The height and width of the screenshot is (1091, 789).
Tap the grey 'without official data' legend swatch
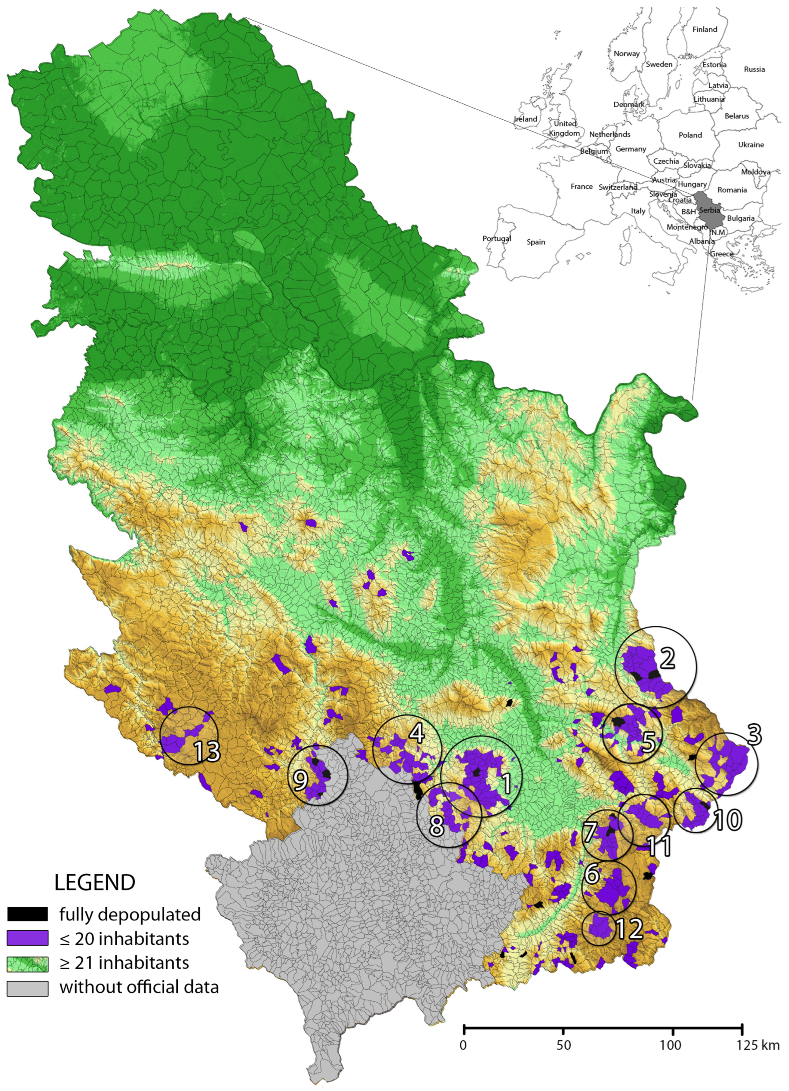(x=27, y=987)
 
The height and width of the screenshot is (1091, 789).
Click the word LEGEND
(x=95, y=882)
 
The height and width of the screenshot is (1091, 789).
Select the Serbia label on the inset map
(x=710, y=210)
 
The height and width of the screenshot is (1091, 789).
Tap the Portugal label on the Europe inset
(x=496, y=239)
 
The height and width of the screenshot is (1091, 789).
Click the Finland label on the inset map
(x=704, y=29)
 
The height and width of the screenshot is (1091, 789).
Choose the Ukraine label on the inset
(x=751, y=145)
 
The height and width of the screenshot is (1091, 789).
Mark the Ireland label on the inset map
(x=525, y=119)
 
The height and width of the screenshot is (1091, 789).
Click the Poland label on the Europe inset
(x=690, y=135)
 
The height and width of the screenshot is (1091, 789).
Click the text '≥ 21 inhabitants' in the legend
(x=124, y=963)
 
